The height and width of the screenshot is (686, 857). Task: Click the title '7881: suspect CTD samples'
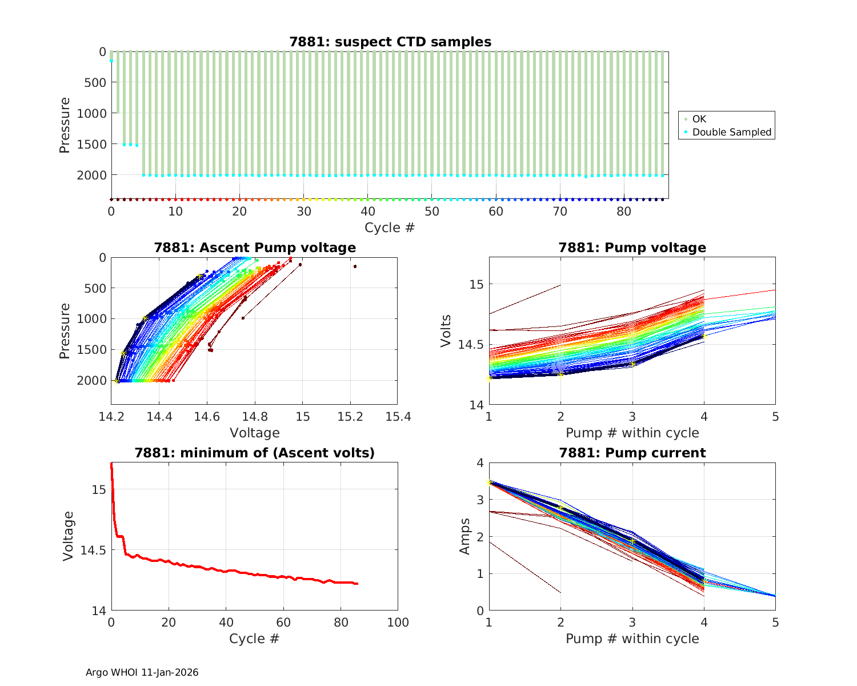pos(390,42)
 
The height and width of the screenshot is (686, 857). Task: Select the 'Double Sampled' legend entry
pos(731,132)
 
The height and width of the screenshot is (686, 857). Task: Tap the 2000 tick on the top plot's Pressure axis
pos(91,175)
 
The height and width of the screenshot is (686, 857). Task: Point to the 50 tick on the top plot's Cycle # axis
pos(432,212)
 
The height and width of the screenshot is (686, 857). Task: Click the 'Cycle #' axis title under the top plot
pos(390,228)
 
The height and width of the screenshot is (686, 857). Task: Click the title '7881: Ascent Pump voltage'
pos(255,248)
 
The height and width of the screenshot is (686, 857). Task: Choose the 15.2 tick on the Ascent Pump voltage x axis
pos(350,417)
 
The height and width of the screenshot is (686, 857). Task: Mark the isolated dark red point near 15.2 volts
pos(355,266)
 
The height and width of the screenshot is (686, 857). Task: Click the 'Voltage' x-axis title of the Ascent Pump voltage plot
pos(255,433)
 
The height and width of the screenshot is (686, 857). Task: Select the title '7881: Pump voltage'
pos(632,248)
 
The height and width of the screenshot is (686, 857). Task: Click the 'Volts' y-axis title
pos(446,331)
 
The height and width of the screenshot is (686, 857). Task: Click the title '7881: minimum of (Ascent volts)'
pos(255,453)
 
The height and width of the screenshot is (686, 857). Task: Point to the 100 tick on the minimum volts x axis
pos(398,623)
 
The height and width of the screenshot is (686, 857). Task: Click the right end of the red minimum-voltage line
pos(357,584)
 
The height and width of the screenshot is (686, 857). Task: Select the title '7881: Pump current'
pos(632,453)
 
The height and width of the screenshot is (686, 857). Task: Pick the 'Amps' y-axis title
pos(465,536)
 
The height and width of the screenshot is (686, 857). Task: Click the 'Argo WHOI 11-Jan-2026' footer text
pos(142,672)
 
